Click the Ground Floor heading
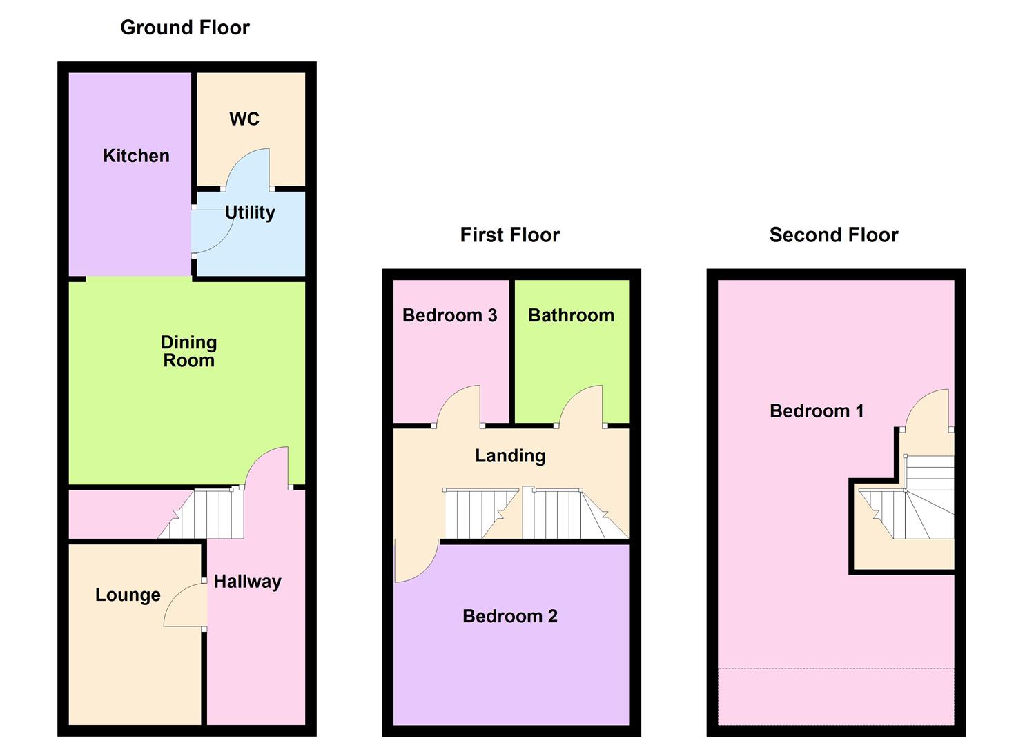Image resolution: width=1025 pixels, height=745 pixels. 184,28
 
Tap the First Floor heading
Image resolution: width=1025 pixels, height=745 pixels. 509,235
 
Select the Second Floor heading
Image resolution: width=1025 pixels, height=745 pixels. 833,235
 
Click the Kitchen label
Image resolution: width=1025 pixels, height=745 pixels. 136,156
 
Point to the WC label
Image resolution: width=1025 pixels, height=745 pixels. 244,119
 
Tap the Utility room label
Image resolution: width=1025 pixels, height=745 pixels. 250,212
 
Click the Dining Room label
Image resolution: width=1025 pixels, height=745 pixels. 188,351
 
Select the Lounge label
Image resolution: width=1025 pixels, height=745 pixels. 128,595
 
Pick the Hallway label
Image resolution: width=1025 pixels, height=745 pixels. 247,582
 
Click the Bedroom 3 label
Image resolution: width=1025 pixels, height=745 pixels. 449,315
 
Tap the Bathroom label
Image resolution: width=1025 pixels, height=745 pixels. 571,315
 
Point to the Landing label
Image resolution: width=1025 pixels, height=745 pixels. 510,455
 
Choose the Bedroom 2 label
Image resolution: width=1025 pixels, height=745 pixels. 509,616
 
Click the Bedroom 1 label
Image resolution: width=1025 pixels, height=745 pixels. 817,411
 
